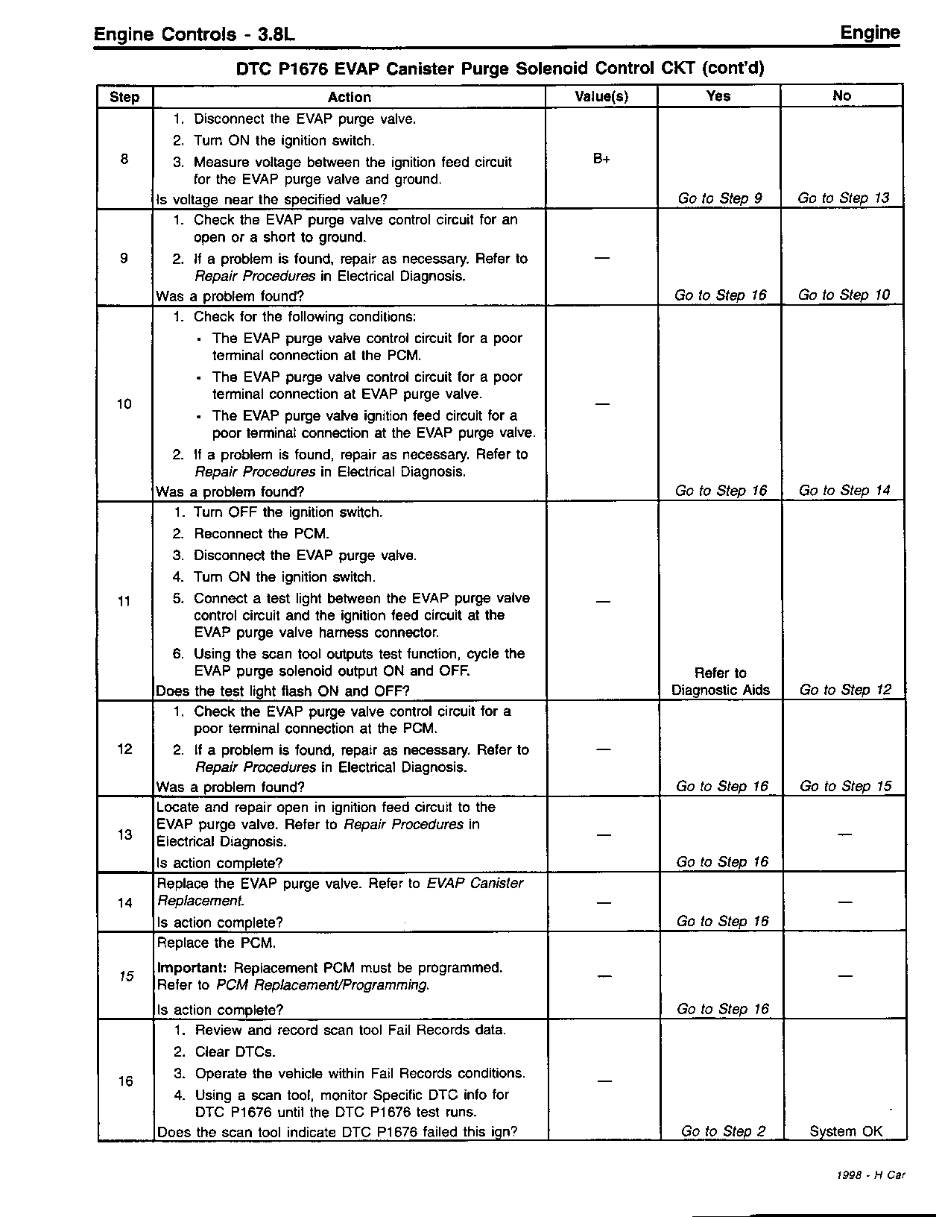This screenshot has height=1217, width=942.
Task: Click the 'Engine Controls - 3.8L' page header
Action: (x=197, y=35)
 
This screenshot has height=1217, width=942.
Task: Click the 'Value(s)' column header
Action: (x=601, y=96)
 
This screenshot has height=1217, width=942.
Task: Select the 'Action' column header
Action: (x=349, y=97)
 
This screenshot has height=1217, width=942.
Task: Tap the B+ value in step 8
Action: (x=601, y=158)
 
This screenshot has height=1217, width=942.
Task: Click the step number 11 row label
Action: (x=124, y=601)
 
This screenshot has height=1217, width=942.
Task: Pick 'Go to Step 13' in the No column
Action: (x=844, y=198)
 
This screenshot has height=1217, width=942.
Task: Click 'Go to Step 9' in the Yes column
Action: (x=720, y=198)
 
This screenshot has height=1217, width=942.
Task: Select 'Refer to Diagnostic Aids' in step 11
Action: (x=720, y=682)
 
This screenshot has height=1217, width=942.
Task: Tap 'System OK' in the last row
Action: (x=846, y=1131)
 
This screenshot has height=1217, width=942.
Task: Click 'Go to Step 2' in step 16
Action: (x=723, y=1131)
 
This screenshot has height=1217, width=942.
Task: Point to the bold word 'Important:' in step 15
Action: (x=192, y=968)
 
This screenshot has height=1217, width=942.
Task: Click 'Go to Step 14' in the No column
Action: (x=844, y=491)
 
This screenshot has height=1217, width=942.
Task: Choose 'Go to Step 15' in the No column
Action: (x=845, y=786)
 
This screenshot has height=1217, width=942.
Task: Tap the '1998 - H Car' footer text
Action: (x=870, y=1175)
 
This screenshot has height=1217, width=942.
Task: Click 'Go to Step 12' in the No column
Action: (x=845, y=690)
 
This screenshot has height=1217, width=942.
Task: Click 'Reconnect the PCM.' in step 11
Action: (x=261, y=534)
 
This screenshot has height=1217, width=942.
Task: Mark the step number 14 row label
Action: (x=124, y=903)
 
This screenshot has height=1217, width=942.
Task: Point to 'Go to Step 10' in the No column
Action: (x=844, y=295)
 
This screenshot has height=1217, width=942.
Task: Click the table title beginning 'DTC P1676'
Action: (x=500, y=69)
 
